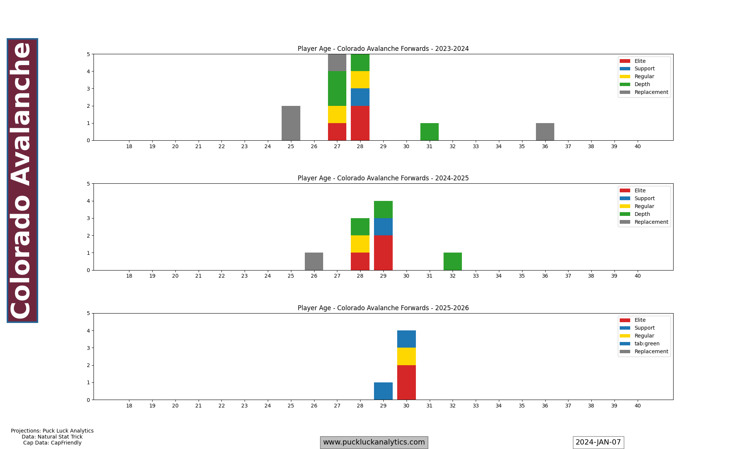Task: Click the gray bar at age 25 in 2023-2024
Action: point(291,123)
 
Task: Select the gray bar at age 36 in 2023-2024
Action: point(545,132)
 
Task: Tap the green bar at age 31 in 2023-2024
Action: point(429,132)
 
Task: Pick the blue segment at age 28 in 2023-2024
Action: point(360,97)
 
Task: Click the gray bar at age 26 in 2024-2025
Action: point(314,261)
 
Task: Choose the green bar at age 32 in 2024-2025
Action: point(453,261)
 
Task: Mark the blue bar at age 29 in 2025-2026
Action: point(383,391)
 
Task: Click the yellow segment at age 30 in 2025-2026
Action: point(407,356)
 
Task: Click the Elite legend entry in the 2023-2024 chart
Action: point(640,61)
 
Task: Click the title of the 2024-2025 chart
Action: point(383,178)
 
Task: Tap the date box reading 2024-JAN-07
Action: point(598,442)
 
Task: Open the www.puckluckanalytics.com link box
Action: point(374,442)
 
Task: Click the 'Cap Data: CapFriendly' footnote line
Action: point(52,443)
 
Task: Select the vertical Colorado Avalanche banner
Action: point(22,180)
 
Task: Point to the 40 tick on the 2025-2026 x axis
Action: point(637,406)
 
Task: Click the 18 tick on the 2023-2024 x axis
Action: point(129,146)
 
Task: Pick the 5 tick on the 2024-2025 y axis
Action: point(88,184)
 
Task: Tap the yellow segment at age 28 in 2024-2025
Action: point(360,244)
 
